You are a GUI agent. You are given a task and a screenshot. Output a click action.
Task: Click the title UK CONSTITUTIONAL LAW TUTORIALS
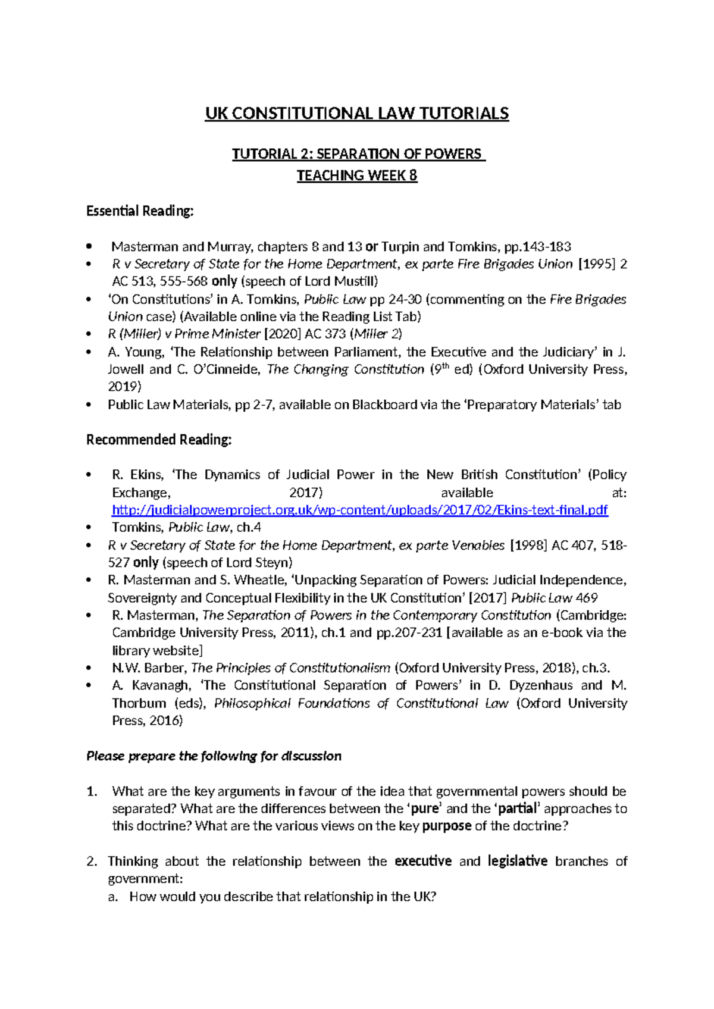pos(357,114)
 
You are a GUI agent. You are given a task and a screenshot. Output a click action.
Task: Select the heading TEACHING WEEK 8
pos(357,176)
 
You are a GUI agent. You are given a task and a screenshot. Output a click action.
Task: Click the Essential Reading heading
pos(140,211)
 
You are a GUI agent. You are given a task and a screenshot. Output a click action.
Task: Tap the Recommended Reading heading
pos(159,440)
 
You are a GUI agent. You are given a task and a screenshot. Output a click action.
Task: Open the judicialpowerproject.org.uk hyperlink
pos(359,510)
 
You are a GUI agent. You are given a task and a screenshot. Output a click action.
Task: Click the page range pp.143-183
pos(537,246)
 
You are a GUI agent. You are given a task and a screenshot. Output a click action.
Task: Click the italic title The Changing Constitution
pos(346,369)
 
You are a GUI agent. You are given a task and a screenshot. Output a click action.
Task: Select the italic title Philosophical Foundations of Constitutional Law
pos(361,703)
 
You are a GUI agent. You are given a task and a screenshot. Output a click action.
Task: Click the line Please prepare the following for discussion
pos(214,756)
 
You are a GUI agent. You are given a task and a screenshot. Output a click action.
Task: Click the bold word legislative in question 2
pos(517,861)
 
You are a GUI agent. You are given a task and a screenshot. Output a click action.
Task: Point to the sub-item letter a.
pos(113,897)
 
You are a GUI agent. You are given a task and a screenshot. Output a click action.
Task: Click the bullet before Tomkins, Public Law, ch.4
pos(89,527)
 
